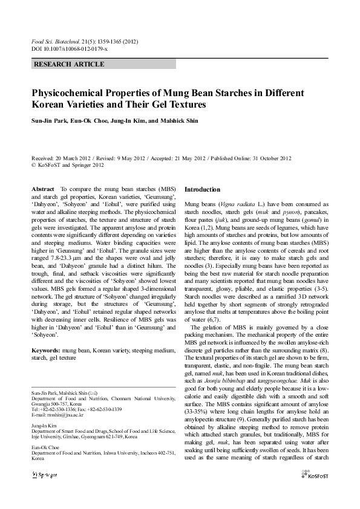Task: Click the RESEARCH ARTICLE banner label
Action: click(69, 64)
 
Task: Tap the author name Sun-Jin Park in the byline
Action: click(50, 120)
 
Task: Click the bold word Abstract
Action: click(43, 189)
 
